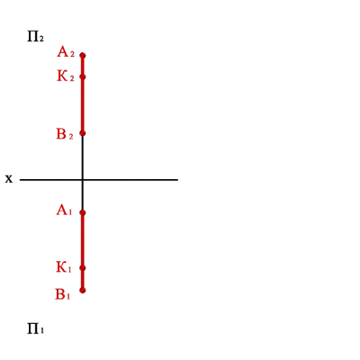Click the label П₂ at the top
(35, 37)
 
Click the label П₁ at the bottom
(35, 328)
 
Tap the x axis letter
(9, 179)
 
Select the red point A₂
(83, 55)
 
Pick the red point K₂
(83, 76)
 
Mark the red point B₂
(83, 133)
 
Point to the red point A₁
(83, 212)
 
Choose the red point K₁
(83, 268)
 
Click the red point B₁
(83, 290)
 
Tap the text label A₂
(66, 52)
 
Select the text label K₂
(66, 76)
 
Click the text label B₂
(65, 134)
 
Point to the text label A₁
(64, 211)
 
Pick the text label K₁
(64, 267)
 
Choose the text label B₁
(63, 294)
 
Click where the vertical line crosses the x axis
(83, 180)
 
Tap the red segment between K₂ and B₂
(83, 105)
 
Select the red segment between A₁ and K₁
(83, 240)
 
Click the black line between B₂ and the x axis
(83, 157)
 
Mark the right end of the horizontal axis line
(177, 180)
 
